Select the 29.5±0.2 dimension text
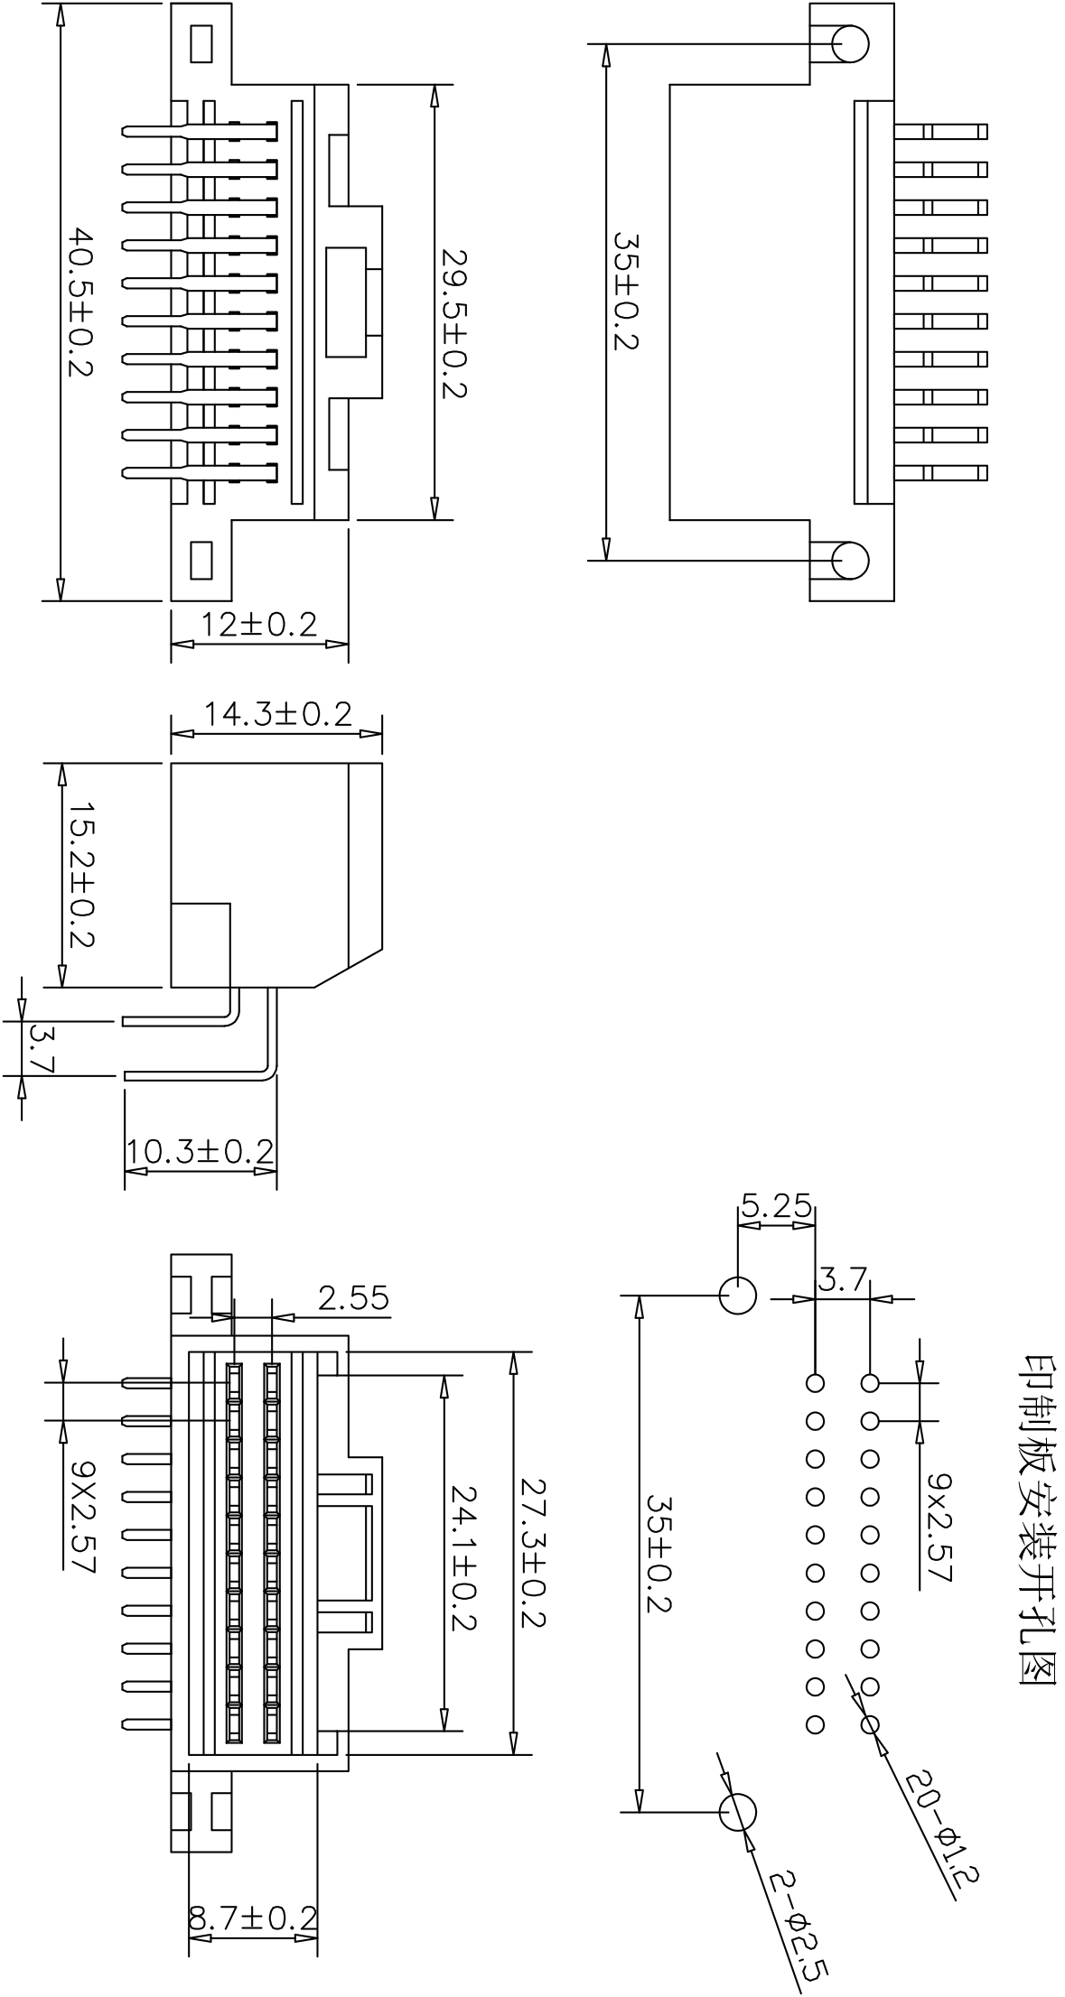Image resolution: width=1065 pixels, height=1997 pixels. click(453, 322)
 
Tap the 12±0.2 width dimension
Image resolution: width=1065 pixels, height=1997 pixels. click(258, 624)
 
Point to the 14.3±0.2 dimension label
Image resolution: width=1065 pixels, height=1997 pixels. click(276, 714)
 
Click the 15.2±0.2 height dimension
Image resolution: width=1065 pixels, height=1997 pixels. click(83, 873)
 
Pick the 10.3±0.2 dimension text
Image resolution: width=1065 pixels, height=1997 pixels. click(200, 1151)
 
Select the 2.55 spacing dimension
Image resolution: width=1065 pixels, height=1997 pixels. click(353, 1297)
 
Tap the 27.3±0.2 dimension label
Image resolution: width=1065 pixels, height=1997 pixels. click(533, 1552)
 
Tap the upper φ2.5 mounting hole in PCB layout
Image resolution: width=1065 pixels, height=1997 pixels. click(737, 1296)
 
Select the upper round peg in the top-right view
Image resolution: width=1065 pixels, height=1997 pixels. click(850, 43)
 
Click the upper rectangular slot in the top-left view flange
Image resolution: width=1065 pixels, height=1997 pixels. click(201, 43)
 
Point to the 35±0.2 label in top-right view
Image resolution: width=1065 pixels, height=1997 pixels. click(626, 292)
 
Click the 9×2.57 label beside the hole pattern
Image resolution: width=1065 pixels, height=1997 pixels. click(940, 1528)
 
